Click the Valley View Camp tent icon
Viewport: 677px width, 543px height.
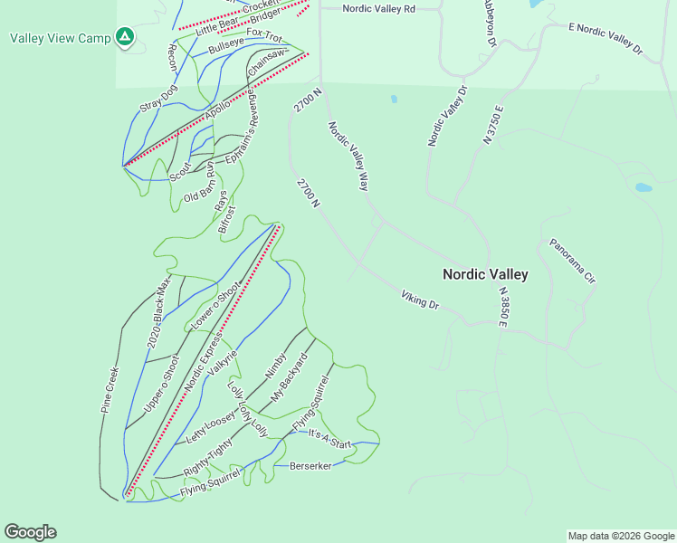[x=126, y=38]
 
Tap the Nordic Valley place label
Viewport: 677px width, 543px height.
[x=485, y=274]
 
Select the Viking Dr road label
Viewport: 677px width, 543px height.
[x=420, y=300]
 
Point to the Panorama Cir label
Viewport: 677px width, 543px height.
[x=573, y=262]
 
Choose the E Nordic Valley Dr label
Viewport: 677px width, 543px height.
[x=605, y=41]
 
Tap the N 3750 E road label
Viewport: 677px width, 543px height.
[x=493, y=124]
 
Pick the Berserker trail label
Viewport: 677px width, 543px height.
[x=310, y=466]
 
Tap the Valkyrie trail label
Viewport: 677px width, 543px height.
[x=222, y=361]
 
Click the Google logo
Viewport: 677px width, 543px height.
[x=30, y=532]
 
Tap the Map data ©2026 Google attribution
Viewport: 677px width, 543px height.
[x=621, y=536]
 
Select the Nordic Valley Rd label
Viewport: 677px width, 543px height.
[x=378, y=8]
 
